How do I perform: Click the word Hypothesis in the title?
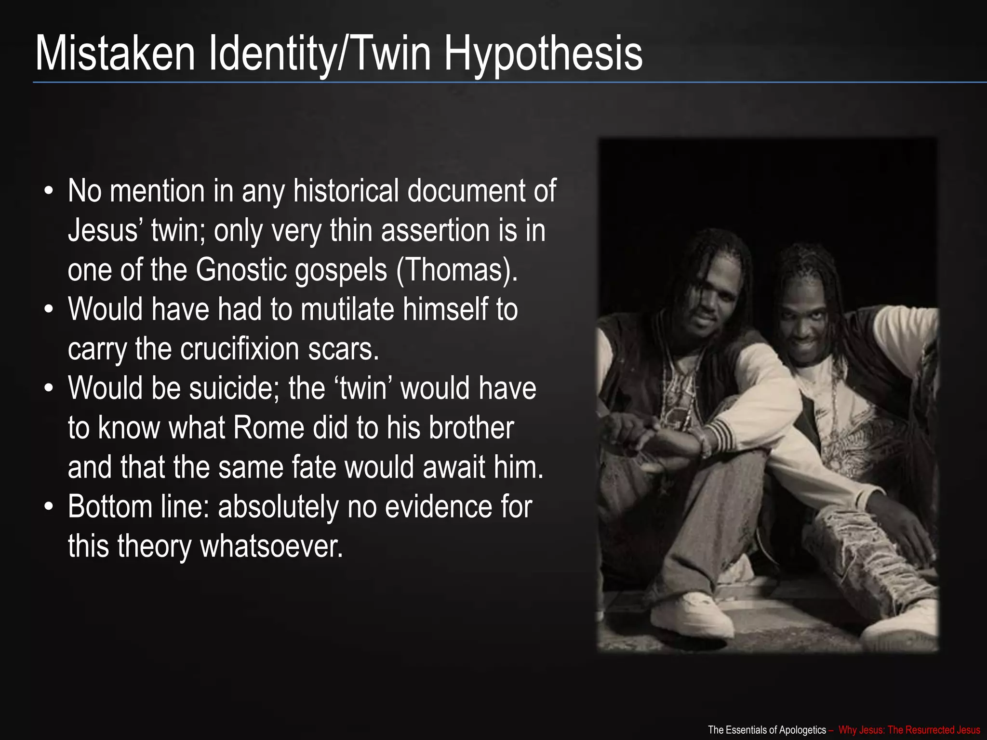pyautogui.click(x=543, y=54)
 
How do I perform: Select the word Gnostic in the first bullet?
pyautogui.click(x=240, y=270)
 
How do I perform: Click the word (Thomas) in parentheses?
pyautogui.click(x=456, y=270)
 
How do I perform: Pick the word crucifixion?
pyautogui.click(x=240, y=349)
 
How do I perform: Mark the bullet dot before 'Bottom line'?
pyautogui.click(x=48, y=507)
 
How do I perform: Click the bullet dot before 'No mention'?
pyautogui.click(x=48, y=191)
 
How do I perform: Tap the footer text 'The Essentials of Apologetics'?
pyautogui.click(x=767, y=730)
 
